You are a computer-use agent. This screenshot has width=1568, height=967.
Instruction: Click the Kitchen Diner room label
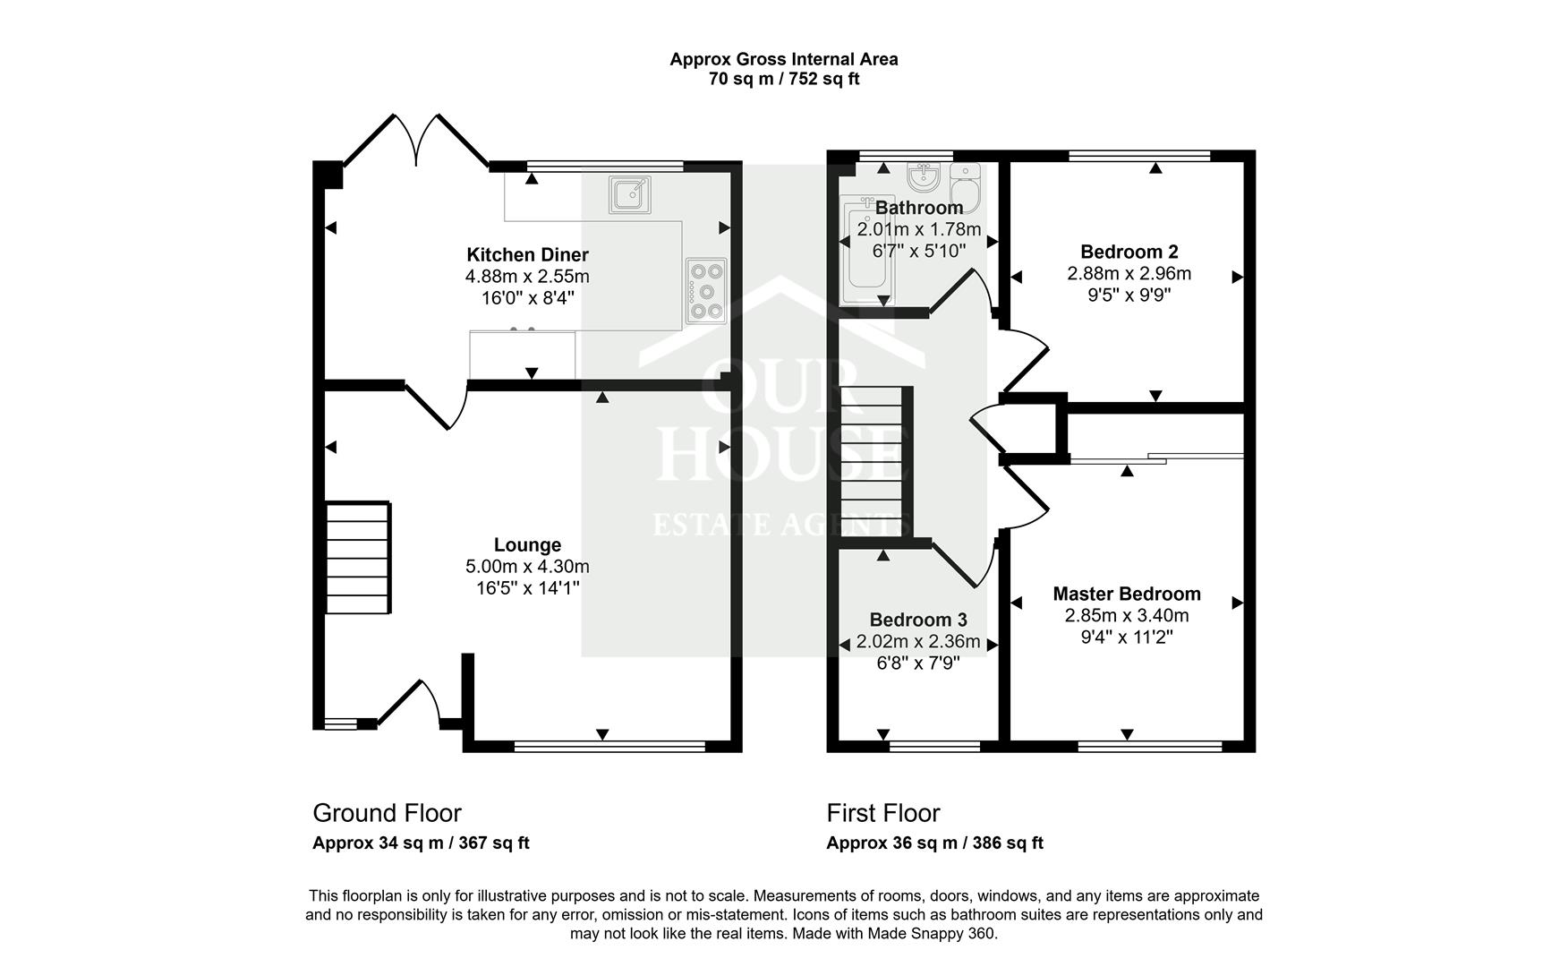[527, 255]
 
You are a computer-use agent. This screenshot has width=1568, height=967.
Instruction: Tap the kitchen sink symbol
[630, 194]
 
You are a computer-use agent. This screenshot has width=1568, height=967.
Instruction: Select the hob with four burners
[706, 289]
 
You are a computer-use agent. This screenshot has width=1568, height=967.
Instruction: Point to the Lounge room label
[527, 545]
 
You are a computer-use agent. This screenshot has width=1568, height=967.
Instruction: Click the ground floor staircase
[357, 557]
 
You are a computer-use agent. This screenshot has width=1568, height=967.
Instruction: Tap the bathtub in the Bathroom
[867, 246]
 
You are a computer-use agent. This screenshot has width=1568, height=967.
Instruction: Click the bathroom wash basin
[922, 175]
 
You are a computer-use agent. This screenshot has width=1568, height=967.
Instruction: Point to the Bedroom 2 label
[1129, 252]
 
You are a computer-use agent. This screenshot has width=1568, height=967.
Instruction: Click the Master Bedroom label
[1126, 594]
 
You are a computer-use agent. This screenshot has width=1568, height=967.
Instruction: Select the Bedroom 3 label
[918, 620]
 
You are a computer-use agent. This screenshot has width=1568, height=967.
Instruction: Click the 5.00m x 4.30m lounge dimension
[527, 567]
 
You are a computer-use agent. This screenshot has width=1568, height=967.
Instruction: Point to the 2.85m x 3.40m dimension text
[1126, 616]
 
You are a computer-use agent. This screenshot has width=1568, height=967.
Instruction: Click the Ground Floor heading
[387, 813]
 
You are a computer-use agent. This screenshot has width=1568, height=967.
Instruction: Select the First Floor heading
[882, 813]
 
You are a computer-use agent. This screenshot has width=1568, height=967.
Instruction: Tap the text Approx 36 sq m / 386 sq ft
[934, 843]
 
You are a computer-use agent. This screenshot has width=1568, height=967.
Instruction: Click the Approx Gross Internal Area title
[784, 59]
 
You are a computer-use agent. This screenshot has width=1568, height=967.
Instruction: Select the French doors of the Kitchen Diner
[416, 143]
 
